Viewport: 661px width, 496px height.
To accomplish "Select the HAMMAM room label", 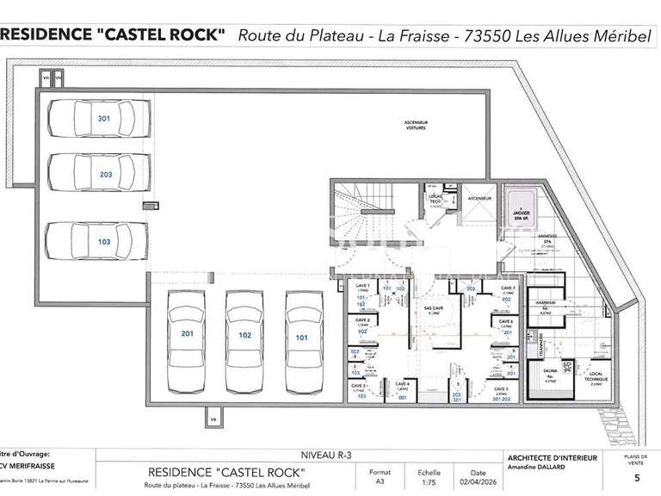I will (x=545, y=303).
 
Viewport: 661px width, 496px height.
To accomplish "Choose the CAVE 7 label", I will (x=507, y=287).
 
